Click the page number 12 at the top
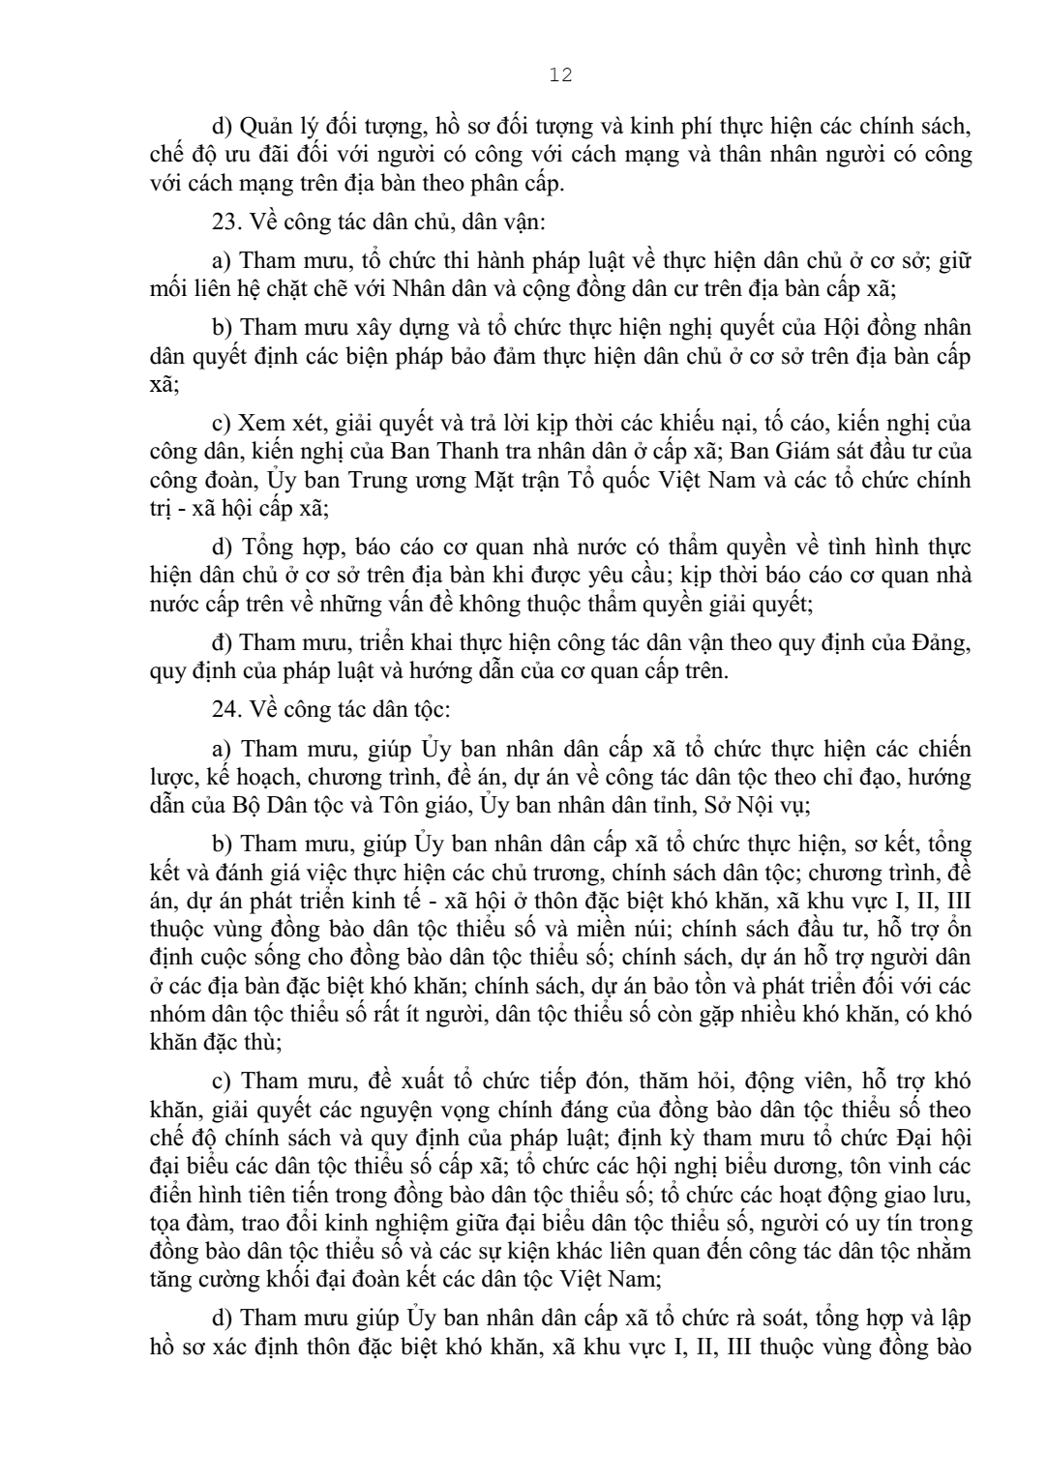[560, 75]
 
